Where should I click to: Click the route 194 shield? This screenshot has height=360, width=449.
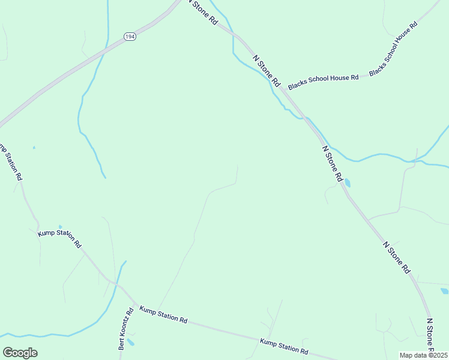(130, 37)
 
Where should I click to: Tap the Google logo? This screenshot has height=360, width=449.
(20, 353)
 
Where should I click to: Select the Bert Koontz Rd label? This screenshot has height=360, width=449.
(125, 329)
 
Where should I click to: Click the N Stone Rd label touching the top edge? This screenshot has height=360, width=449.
(202, 11)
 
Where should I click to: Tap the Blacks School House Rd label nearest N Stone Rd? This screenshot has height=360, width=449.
(323, 82)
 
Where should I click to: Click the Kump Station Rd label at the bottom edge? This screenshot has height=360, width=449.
(284, 346)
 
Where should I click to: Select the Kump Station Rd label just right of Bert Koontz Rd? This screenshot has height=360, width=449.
(163, 314)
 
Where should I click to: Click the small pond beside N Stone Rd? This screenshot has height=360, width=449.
(348, 182)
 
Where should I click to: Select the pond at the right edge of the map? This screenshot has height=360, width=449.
(444, 292)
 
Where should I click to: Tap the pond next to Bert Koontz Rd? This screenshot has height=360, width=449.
(131, 343)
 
